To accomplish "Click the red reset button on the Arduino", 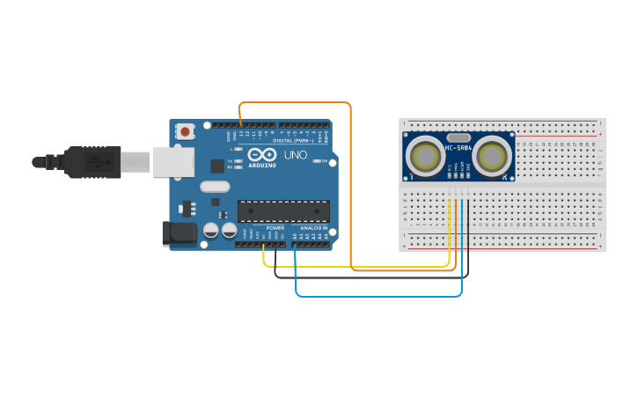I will coord(185,131).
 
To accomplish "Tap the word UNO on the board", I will coord(296,155).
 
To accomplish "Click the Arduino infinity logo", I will coord(261,153).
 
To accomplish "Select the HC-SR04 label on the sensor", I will coord(458,148).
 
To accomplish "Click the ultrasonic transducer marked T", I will coord(426,157).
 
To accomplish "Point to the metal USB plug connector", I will coord(136,161).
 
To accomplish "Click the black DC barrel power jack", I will coord(180,233).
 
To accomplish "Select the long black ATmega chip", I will coord(283,211).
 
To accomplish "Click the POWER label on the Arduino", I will coord(275,228).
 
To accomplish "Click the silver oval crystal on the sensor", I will coord(458,137).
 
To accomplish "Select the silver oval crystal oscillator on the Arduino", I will coord(215,186).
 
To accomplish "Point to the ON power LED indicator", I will coord(318,161).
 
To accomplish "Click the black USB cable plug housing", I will coord(92,162).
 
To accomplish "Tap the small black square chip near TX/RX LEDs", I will coord(216,166).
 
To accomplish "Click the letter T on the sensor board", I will coord(412,177).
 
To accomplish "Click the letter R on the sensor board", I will coord(504,177).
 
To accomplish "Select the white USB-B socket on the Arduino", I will coord(173,161).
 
